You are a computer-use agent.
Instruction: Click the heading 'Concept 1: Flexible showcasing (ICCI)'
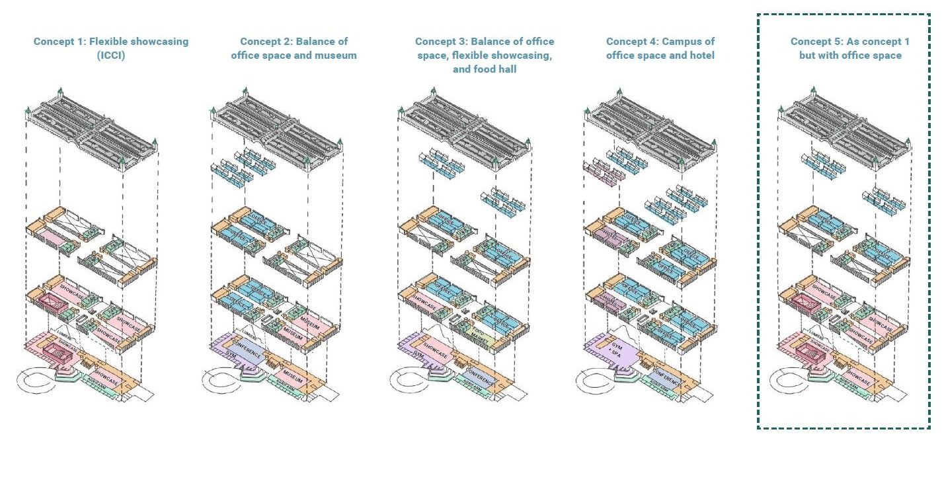(110, 48)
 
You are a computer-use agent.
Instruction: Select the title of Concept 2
(294, 48)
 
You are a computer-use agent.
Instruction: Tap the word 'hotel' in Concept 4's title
(700, 56)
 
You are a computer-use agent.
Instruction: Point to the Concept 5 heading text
(849, 48)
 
